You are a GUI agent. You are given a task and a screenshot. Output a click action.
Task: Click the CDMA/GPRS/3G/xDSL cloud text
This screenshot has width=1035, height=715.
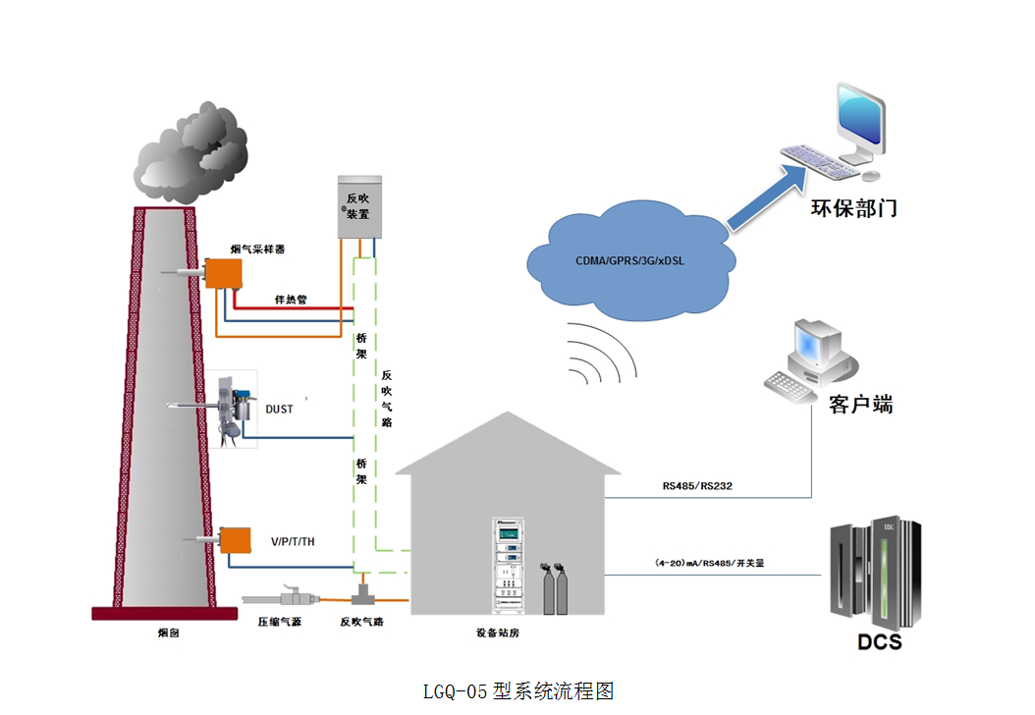[630, 262]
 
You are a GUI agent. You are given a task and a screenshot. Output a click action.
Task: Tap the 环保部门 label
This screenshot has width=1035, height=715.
[853, 208]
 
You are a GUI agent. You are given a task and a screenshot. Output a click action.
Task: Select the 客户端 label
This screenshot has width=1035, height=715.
[861, 404]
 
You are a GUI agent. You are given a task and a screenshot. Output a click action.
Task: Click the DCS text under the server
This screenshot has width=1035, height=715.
[879, 643]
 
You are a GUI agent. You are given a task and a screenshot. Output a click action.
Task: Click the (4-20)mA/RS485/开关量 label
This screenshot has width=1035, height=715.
[709, 563]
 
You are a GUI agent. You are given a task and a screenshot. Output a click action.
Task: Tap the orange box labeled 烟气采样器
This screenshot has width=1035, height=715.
[224, 273]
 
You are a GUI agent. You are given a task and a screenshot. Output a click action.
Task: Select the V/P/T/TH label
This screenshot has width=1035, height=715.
[293, 541]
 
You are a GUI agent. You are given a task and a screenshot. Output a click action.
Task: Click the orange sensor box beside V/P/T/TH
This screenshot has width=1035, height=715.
[236, 541]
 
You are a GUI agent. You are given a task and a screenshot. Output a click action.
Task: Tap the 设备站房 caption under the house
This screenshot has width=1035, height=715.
[496, 633]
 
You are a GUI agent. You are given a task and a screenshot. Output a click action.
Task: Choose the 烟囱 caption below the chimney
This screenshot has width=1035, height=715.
[168, 633]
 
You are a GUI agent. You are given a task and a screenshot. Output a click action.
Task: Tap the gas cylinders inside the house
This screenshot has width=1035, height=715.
[556, 589]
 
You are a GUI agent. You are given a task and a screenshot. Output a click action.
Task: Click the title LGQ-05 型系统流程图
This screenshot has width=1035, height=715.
[517, 690]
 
